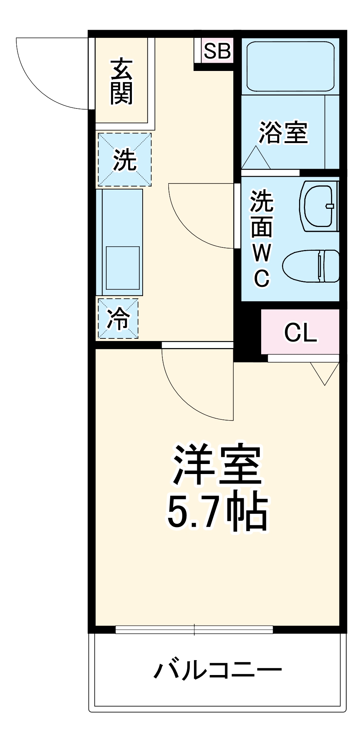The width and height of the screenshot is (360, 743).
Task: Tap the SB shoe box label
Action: point(217,51)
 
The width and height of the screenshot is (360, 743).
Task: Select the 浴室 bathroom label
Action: point(283,132)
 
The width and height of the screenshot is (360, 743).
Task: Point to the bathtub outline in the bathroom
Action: point(290,66)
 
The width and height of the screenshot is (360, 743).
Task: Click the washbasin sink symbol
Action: point(319,206)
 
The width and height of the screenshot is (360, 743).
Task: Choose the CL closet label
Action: point(301,332)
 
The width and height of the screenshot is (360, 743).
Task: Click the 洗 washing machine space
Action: point(125,160)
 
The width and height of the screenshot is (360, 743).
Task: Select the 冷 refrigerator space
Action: point(118,319)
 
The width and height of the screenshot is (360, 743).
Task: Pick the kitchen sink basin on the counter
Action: point(123,267)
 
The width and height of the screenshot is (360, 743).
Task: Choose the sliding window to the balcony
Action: point(194,629)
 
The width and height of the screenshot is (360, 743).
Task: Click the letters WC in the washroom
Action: point(262,266)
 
